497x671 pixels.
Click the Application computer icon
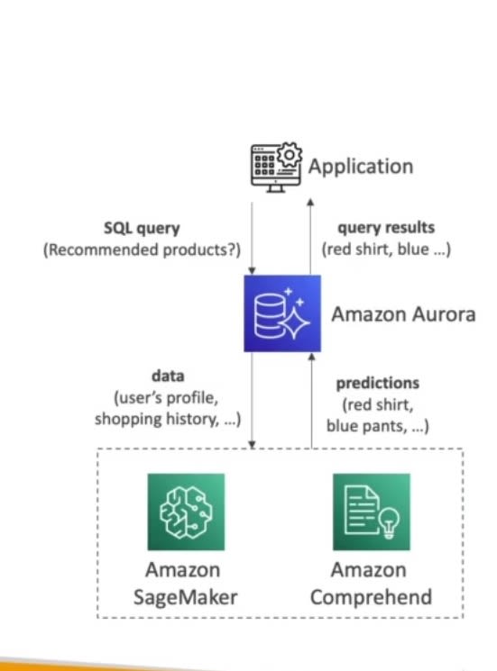[274, 168]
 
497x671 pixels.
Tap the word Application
[360, 167]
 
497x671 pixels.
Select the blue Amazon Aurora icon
[282, 313]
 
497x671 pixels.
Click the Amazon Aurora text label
[402, 314]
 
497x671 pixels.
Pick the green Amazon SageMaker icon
[186, 512]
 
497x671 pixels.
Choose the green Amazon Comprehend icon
[371, 512]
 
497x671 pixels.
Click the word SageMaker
[187, 596]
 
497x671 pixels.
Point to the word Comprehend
[370, 596]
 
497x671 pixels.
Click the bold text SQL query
[141, 229]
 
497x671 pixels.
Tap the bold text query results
[385, 228]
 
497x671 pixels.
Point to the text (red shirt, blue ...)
[386, 249]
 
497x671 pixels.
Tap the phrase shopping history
[159, 418]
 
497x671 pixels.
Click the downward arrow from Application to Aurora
[254, 234]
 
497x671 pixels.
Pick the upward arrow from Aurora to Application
[311, 234]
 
